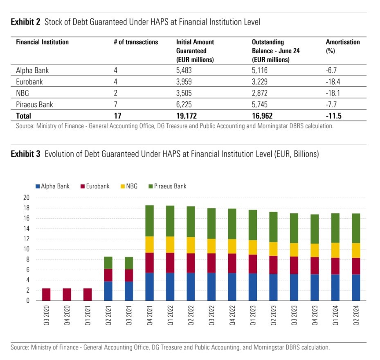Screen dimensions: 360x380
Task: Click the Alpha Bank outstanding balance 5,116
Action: point(260,70)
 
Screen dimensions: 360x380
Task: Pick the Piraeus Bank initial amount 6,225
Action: point(184,104)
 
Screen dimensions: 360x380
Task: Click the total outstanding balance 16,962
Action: point(262,116)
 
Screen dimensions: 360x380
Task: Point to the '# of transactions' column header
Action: point(135,42)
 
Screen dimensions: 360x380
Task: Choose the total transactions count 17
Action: point(117,116)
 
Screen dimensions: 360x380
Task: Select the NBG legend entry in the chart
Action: point(129,186)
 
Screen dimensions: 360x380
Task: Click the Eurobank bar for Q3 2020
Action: point(46,294)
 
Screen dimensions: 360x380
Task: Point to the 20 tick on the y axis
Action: point(27,198)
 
